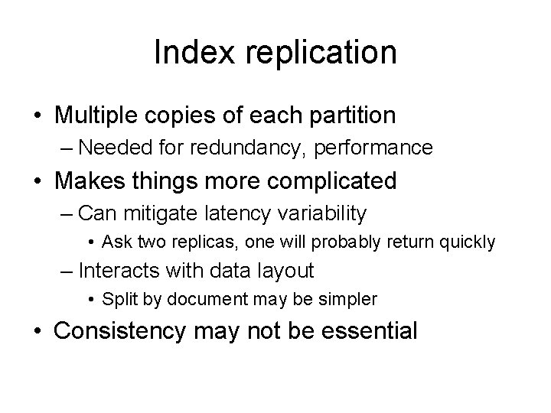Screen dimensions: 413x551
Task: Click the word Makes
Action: pos(92,181)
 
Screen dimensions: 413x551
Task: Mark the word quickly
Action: pos(468,242)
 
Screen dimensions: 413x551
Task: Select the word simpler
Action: pos(350,300)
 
